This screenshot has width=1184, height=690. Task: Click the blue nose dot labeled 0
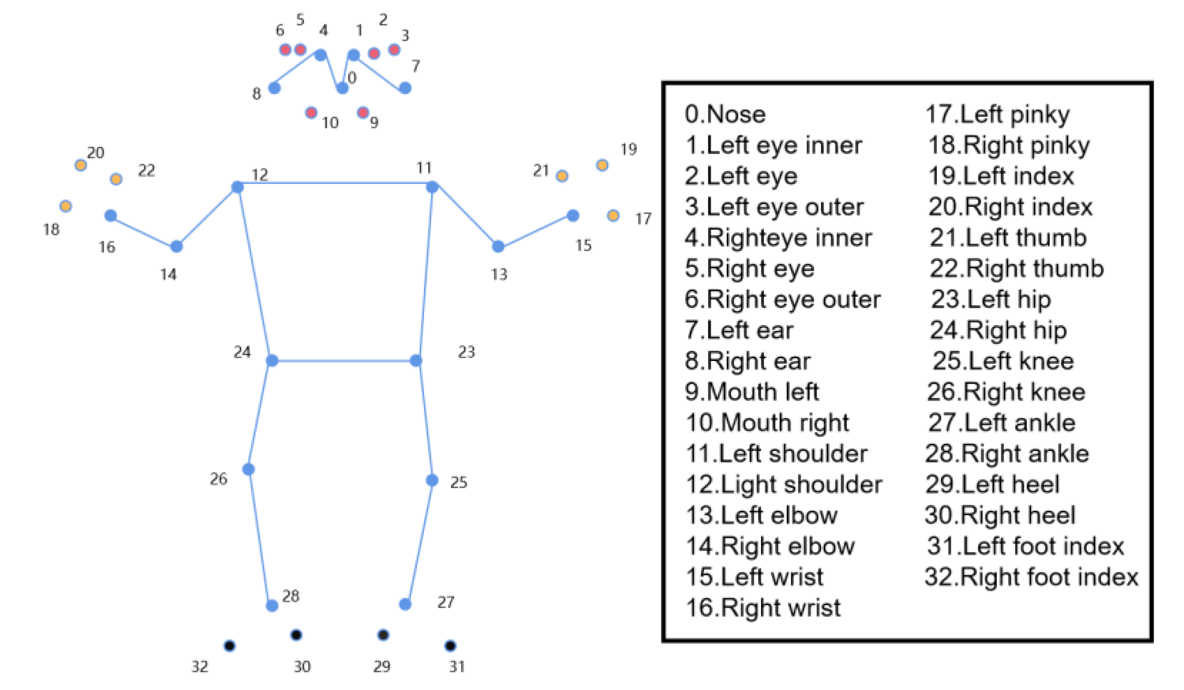click(342, 88)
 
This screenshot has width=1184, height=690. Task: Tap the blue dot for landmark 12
click(237, 187)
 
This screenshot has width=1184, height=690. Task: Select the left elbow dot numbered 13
click(498, 246)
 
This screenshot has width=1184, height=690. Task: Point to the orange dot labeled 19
click(602, 165)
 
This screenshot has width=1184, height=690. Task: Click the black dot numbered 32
click(229, 646)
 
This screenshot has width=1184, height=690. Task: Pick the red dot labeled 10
click(311, 113)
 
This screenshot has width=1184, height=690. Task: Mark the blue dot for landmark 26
click(248, 469)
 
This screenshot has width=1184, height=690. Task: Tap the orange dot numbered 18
click(66, 206)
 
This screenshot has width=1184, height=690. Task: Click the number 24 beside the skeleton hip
click(242, 352)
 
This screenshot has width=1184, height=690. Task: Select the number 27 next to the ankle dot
click(446, 603)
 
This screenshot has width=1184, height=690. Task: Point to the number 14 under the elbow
click(168, 274)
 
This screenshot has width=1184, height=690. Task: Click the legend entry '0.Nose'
click(725, 115)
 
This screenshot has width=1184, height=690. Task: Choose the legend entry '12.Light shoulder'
click(784, 485)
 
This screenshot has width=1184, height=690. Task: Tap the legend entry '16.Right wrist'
click(763, 608)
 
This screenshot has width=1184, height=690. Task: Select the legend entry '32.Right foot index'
click(1031, 577)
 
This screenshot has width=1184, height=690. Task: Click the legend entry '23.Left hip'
click(991, 300)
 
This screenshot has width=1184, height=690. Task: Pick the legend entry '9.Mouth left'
click(751, 392)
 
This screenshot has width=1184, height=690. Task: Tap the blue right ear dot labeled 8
click(275, 88)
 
